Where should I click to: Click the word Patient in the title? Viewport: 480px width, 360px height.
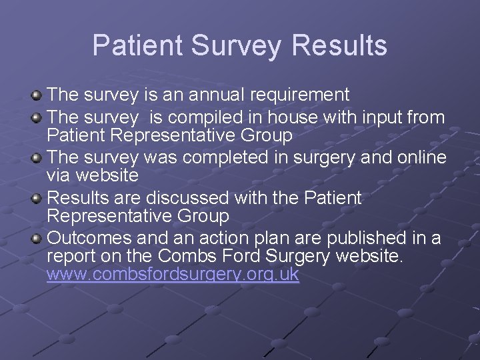(x=137, y=45)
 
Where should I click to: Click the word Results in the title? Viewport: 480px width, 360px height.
(x=340, y=45)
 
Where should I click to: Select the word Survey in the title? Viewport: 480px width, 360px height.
(x=237, y=45)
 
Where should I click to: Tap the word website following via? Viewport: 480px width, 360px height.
(x=107, y=175)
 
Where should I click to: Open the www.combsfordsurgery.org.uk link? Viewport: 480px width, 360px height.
(x=173, y=275)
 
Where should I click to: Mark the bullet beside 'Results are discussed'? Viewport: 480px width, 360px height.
(x=37, y=199)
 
